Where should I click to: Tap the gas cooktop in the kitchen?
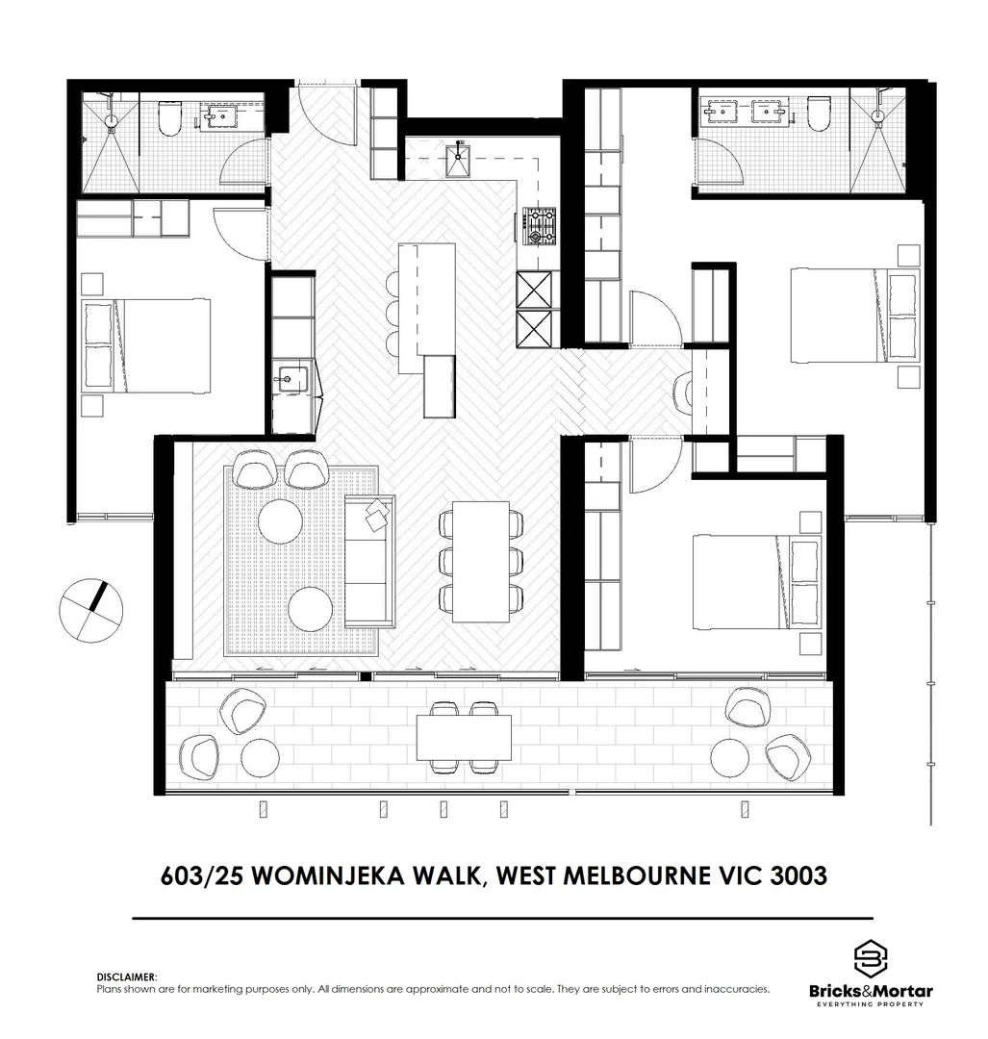click(539, 227)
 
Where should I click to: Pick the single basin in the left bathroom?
click(219, 117)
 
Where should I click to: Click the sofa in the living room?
click(368, 563)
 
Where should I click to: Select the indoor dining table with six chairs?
click(481, 561)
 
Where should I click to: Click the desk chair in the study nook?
click(685, 392)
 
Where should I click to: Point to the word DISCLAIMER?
click(126, 976)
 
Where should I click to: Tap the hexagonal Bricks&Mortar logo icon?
click(870, 958)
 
